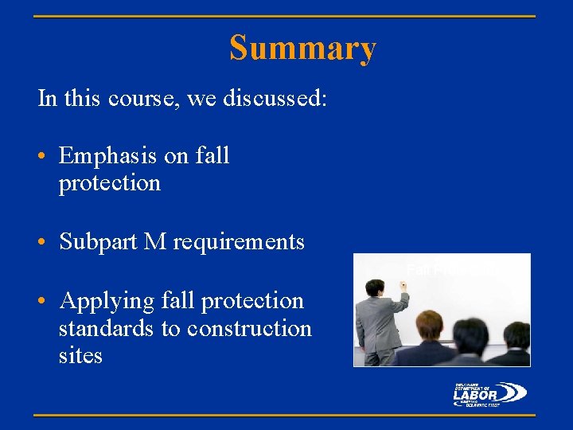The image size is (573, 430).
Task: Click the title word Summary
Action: pyautogui.click(x=302, y=49)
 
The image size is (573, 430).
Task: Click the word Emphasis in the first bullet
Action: pyautogui.click(x=108, y=156)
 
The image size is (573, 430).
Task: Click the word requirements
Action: pyautogui.click(x=239, y=242)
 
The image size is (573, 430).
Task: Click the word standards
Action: pyautogui.click(x=107, y=328)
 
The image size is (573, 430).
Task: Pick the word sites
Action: pyautogui.click(x=80, y=355)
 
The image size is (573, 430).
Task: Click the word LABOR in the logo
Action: pyautogui.click(x=475, y=394)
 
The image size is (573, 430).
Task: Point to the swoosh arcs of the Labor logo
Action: pyautogui.click(x=514, y=393)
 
